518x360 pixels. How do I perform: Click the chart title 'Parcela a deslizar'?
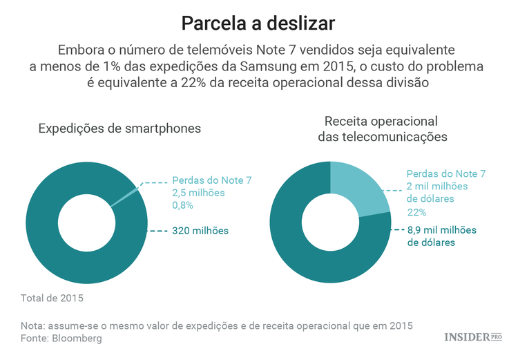(258, 23)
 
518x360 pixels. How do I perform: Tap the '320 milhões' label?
(200, 230)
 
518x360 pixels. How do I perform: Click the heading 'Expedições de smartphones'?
(119, 128)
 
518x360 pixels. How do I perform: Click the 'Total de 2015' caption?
(52, 299)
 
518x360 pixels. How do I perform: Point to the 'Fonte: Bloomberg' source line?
(61, 339)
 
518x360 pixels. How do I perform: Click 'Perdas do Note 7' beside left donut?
(211, 180)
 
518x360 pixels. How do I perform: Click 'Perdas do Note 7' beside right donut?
(446, 173)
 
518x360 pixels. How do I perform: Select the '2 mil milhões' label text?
(437, 186)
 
